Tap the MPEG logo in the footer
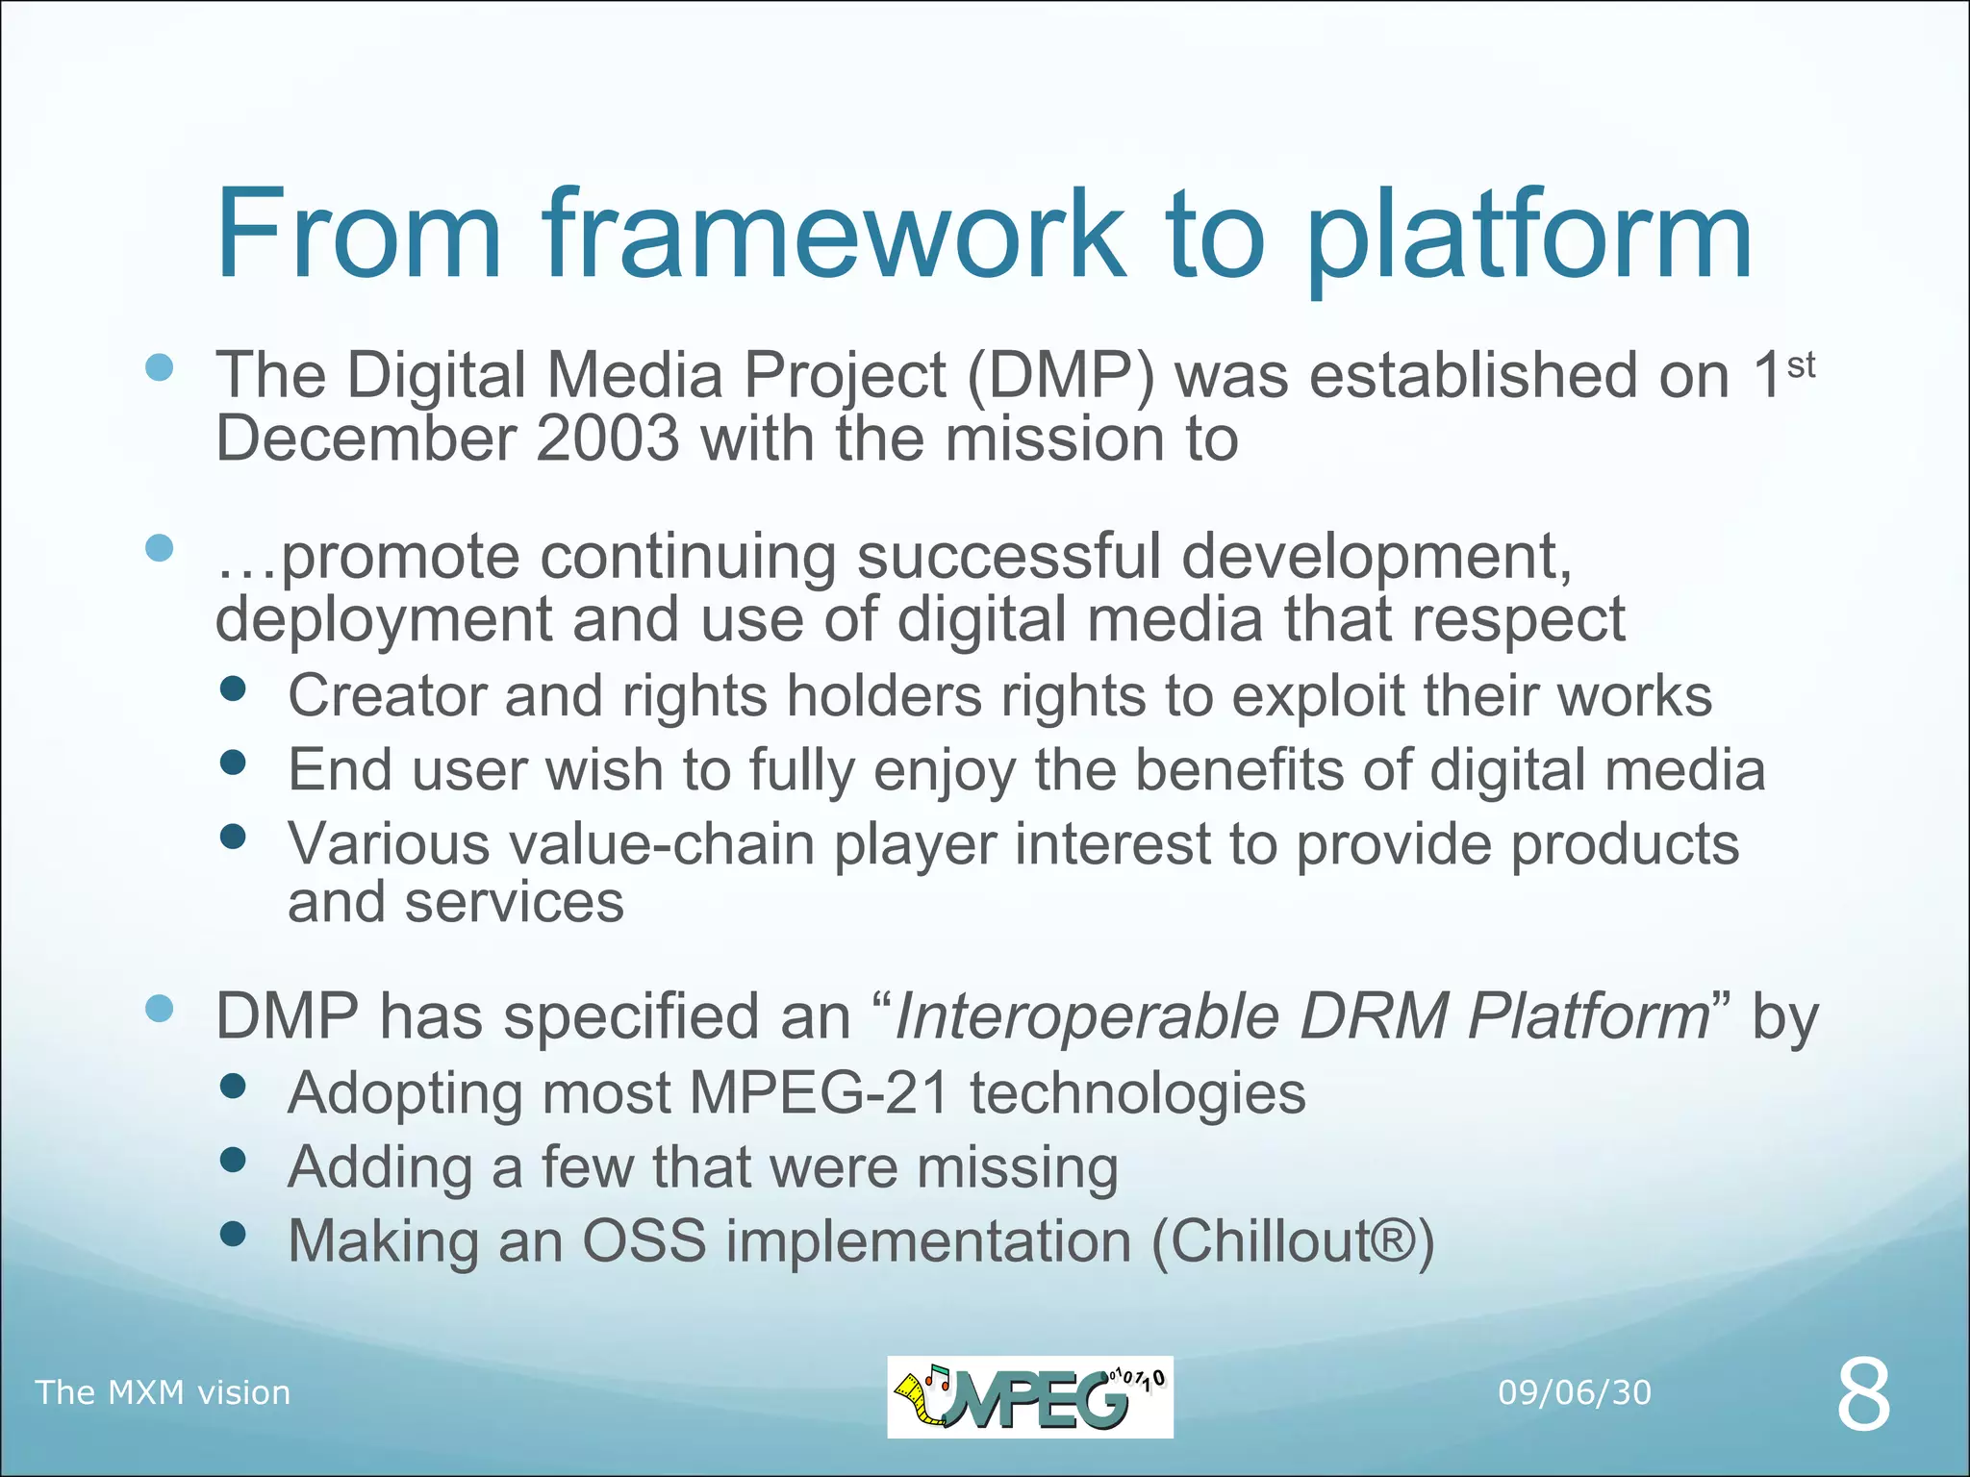coord(1029,1396)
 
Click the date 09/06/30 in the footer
coord(1574,1392)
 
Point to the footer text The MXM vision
coord(163,1392)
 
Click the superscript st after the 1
coord(1801,365)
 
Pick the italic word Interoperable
coord(1087,1016)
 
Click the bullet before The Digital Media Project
coord(159,367)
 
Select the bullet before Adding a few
coord(233,1160)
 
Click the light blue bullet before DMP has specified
coord(159,1009)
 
